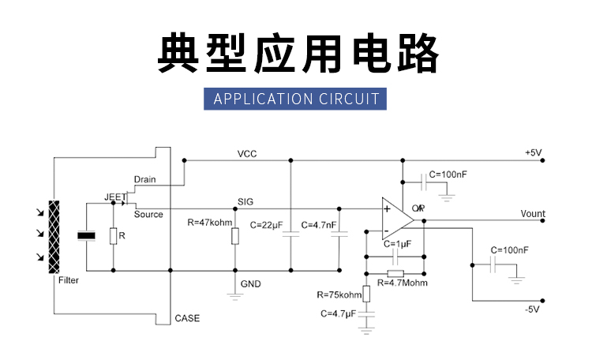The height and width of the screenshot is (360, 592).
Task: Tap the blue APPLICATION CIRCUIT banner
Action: click(296, 99)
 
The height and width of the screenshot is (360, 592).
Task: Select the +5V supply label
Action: click(533, 152)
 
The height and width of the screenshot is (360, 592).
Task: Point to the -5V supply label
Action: click(532, 309)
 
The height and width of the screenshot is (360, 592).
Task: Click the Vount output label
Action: click(533, 214)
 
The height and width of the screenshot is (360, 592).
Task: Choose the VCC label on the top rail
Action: click(247, 153)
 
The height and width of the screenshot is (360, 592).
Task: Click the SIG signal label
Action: click(245, 202)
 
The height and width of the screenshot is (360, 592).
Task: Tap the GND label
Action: click(250, 283)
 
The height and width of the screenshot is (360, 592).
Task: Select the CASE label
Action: click(187, 319)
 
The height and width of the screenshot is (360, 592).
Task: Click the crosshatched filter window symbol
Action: click(54, 234)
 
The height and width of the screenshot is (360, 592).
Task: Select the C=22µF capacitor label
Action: click(266, 225)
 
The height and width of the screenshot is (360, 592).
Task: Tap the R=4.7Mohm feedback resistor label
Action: click(403, 283)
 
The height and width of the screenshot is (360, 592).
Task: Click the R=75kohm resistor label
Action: click(339, 295)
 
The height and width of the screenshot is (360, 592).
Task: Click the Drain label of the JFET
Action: click(145, 179)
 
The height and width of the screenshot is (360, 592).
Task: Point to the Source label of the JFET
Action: click(148, 214)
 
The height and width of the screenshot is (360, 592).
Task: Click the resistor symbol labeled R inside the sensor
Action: click(113, 235)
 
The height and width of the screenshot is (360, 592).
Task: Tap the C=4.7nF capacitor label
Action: click(320, 225)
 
